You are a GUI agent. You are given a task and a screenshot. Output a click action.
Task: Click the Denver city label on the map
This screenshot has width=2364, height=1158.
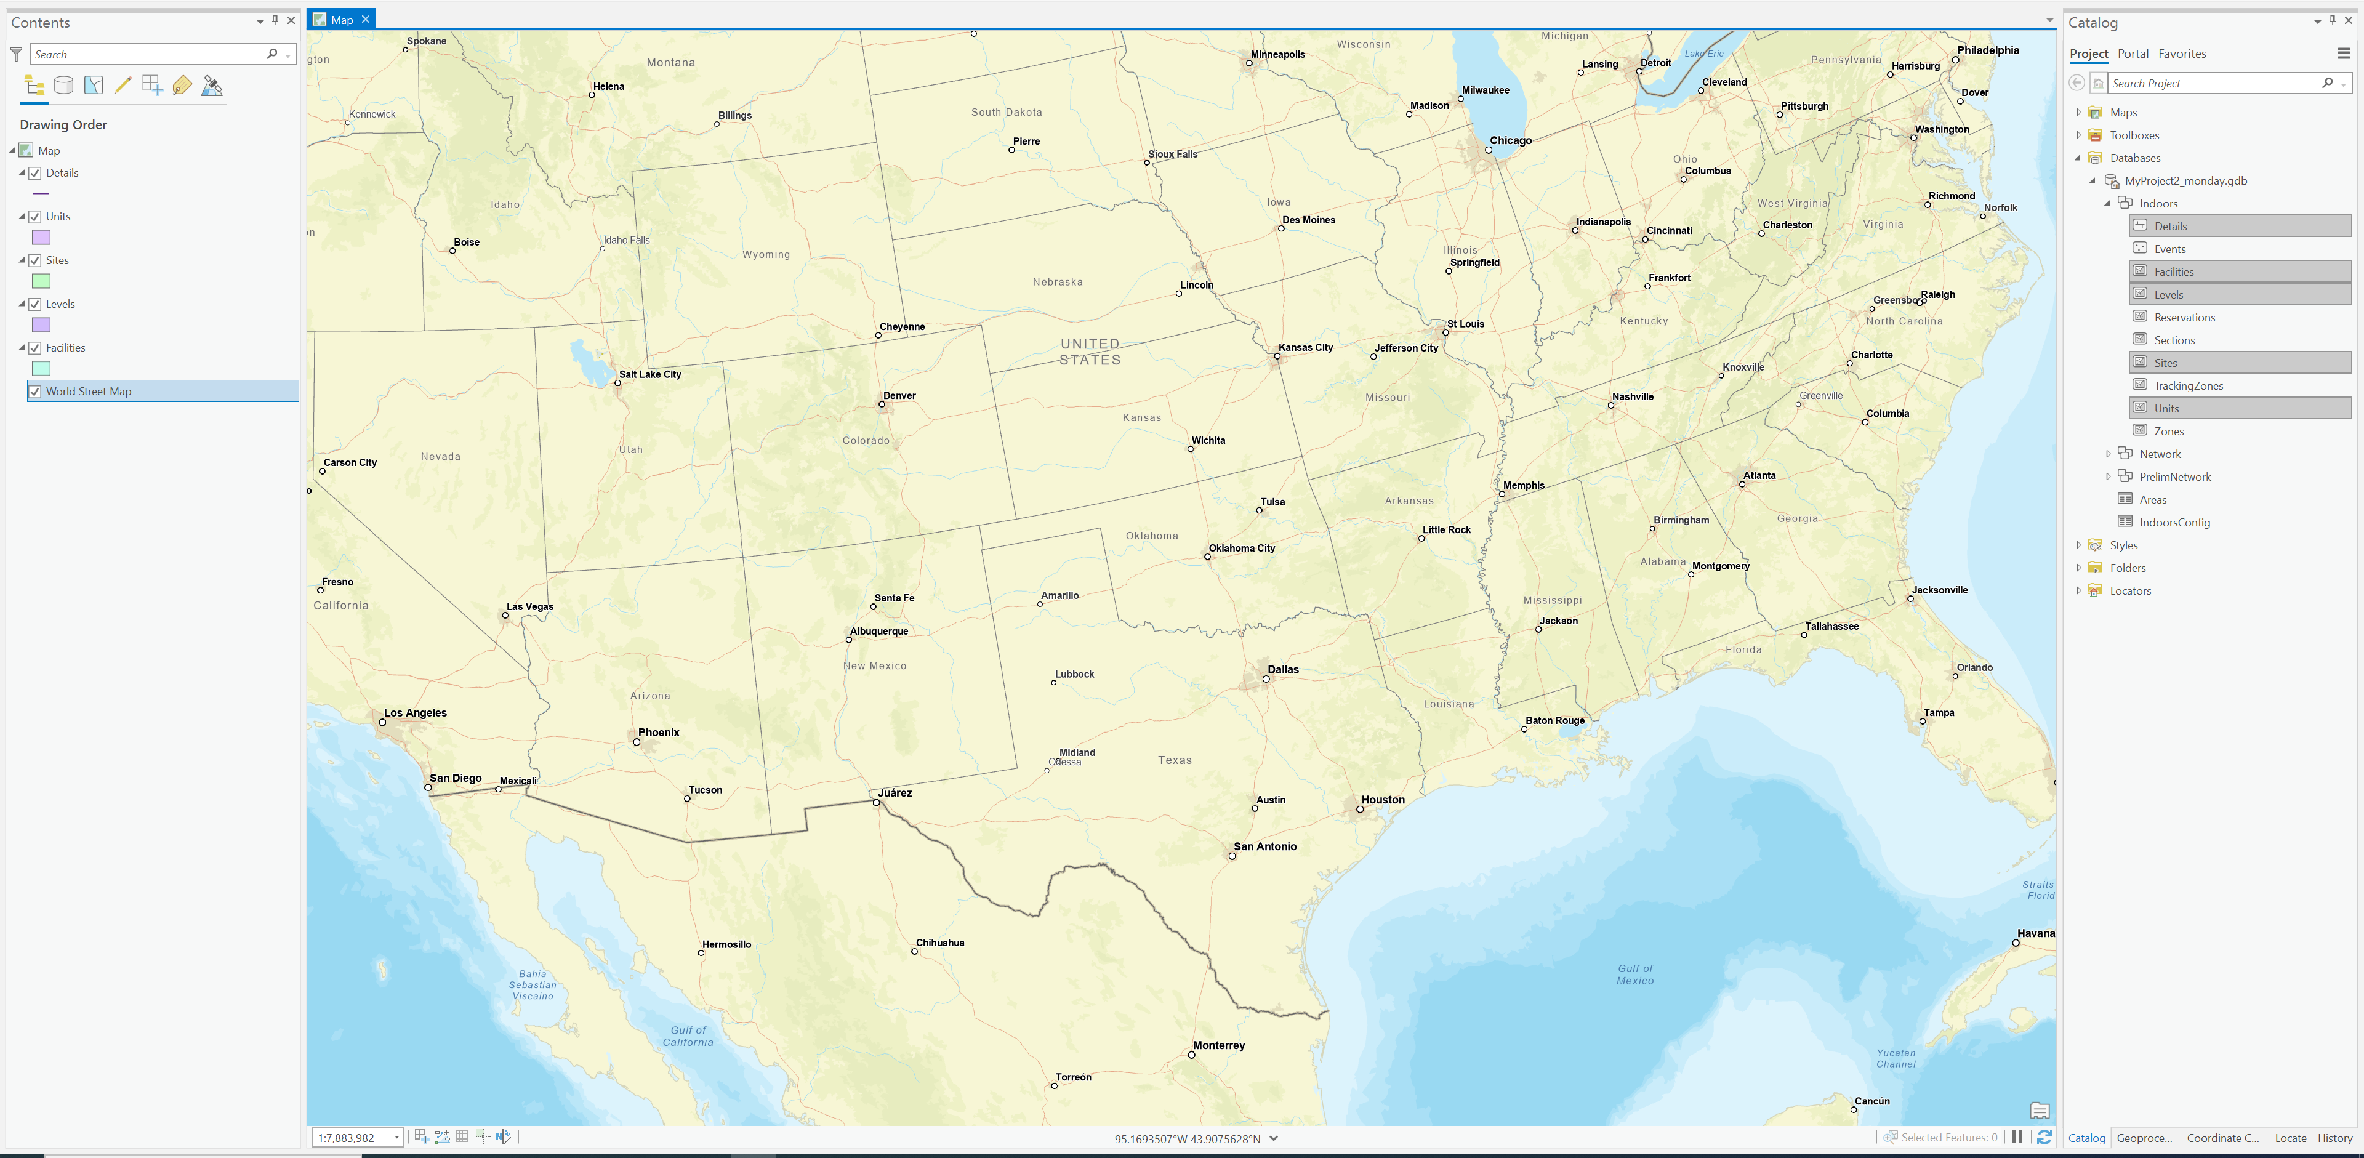point(899,395)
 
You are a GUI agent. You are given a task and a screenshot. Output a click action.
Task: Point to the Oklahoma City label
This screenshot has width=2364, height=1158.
point(1242,548)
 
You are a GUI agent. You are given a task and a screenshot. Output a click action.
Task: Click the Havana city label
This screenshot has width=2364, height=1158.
point(2035,933)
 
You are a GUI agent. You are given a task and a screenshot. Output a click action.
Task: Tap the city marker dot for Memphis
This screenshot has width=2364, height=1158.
point(1502,494)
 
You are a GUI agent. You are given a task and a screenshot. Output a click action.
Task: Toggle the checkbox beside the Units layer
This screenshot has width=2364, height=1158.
point(35,217)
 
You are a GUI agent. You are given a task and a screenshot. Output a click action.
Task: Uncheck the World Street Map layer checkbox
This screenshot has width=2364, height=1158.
point(35,392)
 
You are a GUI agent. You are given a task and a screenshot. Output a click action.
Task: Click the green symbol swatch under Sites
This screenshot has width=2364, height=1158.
point(41,281)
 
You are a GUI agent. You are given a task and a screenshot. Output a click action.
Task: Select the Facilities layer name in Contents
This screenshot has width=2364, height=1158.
point(65,348)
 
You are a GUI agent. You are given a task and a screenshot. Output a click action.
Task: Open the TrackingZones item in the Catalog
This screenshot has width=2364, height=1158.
point(2188,385)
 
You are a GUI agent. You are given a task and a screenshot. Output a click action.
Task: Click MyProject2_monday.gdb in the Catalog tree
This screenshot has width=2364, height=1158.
point(2185,181)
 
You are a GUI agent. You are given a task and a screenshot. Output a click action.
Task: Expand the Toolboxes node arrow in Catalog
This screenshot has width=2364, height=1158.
point(2078,135)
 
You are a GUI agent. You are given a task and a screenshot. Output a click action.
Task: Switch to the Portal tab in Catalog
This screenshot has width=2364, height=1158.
point(2133,53)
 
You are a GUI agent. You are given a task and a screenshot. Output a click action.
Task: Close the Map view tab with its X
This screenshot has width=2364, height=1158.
point(365,19)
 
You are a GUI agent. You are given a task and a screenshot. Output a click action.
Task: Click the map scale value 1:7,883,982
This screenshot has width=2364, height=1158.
point(347,1138)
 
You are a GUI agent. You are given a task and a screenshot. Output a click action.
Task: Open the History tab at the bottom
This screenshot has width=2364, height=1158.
point(2334,1138)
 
